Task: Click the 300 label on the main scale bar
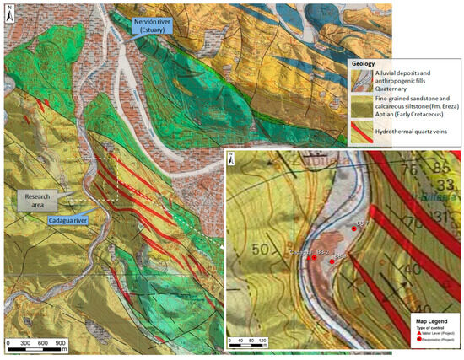tap(24, 344)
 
